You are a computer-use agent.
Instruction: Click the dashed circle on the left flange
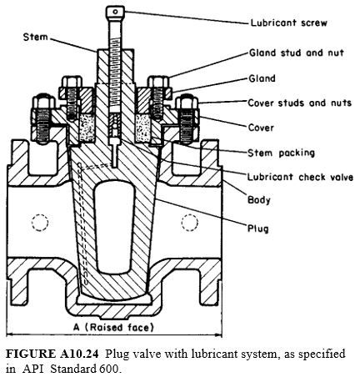35,223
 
